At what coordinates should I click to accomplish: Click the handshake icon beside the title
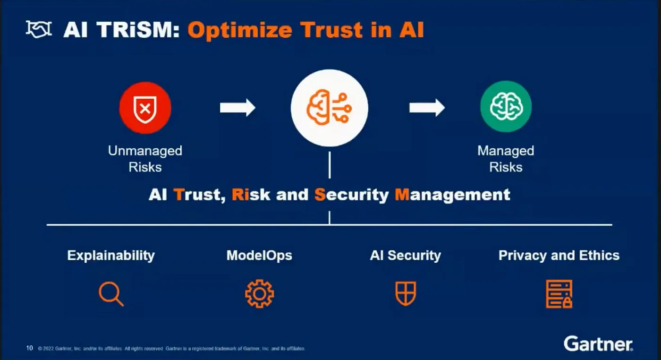(x=38, y=30)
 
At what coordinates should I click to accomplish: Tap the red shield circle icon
(x=145, y=108)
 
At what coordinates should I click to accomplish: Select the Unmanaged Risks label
(x=145, y=159)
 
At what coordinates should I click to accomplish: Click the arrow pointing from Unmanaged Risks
(x=237, y=108)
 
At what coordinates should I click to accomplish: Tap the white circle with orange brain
(x=329, y=108)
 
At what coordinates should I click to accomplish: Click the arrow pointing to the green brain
(x=426, y=108)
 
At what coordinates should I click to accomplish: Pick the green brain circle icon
(x=506, y=107)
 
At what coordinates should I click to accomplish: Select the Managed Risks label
(x=506, y=159)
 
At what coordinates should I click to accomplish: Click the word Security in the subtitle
(x=352, y=195)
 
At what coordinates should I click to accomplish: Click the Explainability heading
(x=111, y=256)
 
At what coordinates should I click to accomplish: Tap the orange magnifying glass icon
(x=111, y=294)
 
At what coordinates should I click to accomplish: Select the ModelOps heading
(x=259, y=256)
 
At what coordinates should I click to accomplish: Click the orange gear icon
(x=259, y=294)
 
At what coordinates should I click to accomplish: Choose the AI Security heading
(x=405, y=256)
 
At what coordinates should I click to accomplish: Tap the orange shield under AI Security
(x=405, y=293)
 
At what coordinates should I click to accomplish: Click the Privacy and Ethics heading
(x=559, y=256)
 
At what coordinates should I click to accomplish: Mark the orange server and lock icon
(x=559, y=294)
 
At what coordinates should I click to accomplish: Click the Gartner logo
(x=598, y=344)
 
